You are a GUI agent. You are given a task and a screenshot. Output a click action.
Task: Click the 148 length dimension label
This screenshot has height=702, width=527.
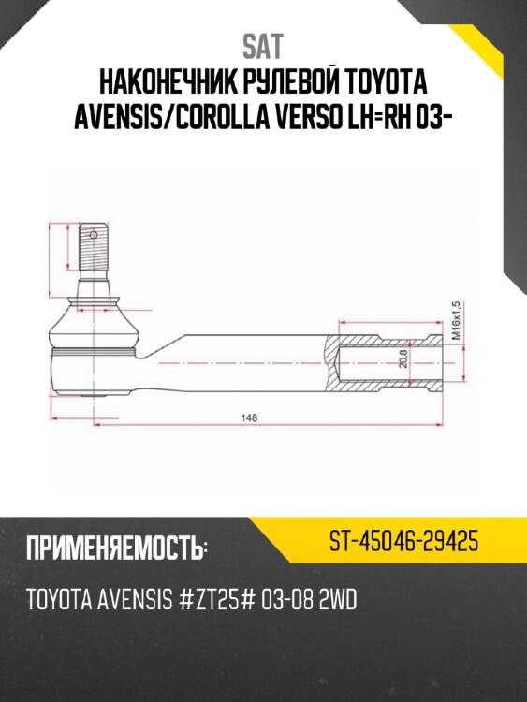(249, 418)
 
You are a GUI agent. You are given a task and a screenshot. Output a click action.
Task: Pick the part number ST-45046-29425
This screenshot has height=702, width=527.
(404, 541)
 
